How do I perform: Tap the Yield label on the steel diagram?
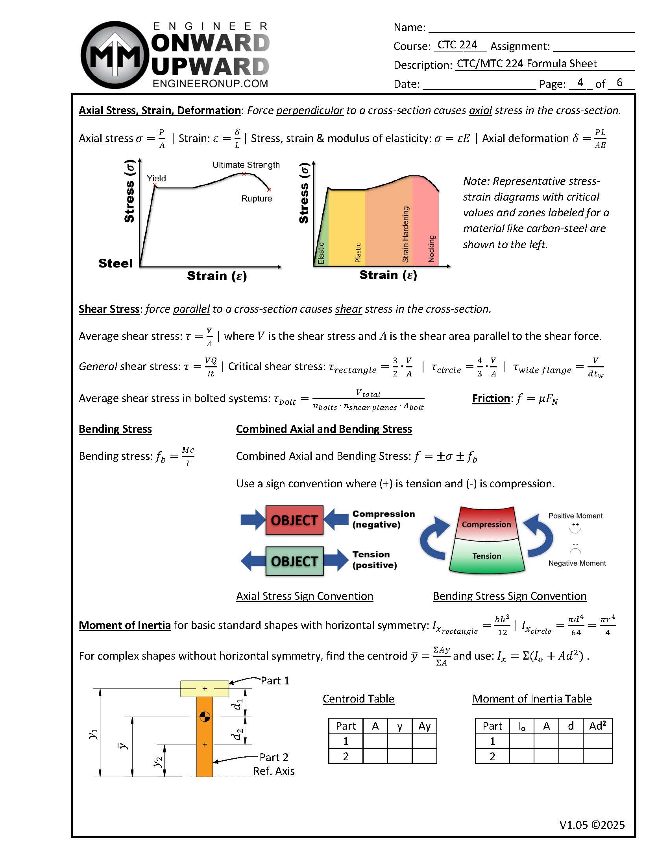(x=156, y=178)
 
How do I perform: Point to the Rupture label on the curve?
(x=257, y=198)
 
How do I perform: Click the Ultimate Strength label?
(x=246, y=165)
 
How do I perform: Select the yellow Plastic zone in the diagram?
(x=346, y=229)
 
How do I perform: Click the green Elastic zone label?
(x=321, y=253)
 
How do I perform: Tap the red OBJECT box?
(x=294, y=520)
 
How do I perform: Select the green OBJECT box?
(x=294, y=560)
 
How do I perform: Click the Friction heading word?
(x=491, y=398)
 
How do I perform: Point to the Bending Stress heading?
(x=115, y=429)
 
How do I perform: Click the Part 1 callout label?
(x=275, y=681)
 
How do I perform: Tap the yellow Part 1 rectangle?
(x=204, y=689)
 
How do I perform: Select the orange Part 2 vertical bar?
(x=204, y=749)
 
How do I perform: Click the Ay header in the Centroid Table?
(x=424, y=726)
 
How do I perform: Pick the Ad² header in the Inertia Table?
(x=597, y=726)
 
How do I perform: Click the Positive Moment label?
(x=575, y=516)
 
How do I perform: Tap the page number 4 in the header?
(x=580, y=82)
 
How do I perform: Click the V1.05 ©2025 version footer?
(x=592, y=825)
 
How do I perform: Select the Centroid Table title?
(x=358, y=699)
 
